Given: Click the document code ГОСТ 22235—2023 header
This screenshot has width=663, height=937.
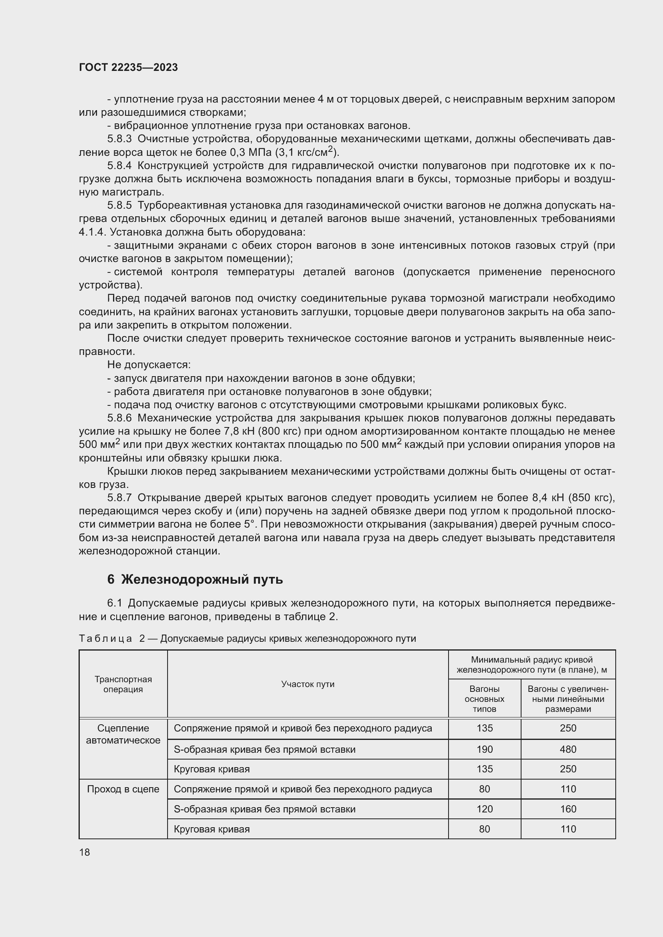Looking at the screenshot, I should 128,67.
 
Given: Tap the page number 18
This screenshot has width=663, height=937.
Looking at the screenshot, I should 85,852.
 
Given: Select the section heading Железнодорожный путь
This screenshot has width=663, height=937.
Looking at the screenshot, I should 202,580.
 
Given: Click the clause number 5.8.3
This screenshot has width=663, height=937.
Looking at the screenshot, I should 119,139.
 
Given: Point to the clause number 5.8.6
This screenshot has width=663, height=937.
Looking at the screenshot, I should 119,418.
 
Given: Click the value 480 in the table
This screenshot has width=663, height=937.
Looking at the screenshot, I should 568,749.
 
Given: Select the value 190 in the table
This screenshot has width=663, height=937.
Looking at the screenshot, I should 484,749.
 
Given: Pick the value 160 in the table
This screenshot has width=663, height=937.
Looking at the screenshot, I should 568,809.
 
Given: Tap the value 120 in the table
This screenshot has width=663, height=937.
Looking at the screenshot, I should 484,809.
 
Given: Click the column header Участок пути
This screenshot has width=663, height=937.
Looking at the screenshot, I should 307,684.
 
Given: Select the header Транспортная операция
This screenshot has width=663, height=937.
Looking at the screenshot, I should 123,684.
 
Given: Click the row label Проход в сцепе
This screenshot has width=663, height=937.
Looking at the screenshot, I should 123,789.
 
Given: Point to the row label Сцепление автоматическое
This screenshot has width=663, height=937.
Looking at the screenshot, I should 123,734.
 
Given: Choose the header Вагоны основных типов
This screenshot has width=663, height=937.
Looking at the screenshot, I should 484,699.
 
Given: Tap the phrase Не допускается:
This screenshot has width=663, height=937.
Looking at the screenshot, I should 149,365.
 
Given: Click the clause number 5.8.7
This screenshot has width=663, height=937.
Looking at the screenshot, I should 119,498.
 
